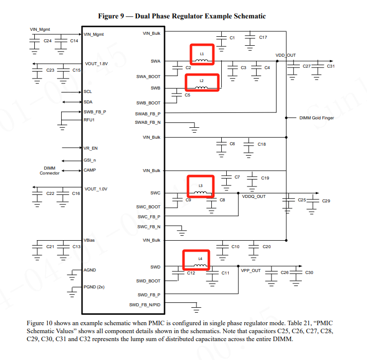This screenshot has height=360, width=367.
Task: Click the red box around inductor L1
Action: click(x=202, y=55)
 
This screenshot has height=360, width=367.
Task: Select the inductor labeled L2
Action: click(x=202, y=82)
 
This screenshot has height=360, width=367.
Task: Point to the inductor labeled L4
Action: click(x=196, y=261)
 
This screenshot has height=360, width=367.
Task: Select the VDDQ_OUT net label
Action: click(x=254, y=196)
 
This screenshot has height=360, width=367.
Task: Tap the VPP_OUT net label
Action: click(x=251, y=271)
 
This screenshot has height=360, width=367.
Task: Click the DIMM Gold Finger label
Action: click(x=317, y=118)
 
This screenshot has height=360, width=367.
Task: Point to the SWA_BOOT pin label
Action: click(x=148, y=77)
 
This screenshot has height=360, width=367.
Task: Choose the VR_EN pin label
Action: click(x=90, y=148)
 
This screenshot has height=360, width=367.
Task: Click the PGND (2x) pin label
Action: click(x=94, y=287)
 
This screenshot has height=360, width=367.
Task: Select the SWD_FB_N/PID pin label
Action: click(x=145, y=304)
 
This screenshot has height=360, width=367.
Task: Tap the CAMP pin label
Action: click(x=90, y=170)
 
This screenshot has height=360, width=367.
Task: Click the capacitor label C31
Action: click(x=331, y=66)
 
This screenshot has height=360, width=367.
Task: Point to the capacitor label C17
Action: click(x=263, y=37)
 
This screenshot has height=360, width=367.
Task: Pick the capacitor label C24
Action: click(x=48, y=40)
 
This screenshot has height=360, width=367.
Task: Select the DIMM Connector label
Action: click(x=50, y=171)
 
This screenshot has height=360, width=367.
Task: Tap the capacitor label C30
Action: click(x=309, y=272)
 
